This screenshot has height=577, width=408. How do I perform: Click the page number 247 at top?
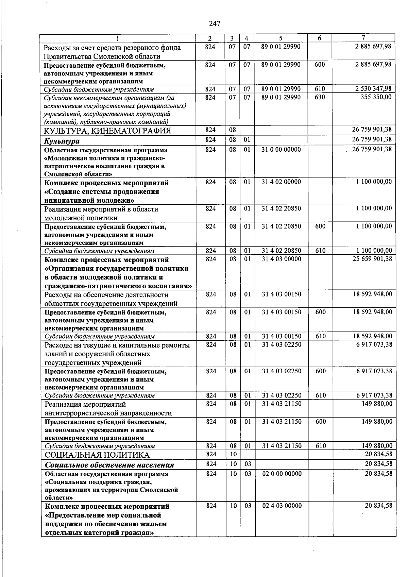point(215,23)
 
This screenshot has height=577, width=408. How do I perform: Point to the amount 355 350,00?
point(376,97)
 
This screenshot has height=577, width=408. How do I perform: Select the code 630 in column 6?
point(320,97)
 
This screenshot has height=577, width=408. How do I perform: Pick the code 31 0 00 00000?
point(281,149)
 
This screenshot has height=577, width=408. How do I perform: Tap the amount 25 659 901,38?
point(372,259)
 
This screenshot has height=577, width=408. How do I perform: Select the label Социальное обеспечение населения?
point(109,465)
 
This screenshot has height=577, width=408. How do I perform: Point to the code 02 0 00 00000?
point(282,474)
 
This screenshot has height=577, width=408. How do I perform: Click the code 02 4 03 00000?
point(282,506)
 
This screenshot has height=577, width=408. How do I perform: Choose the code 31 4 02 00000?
point(281,182)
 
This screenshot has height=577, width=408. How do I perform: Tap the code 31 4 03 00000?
point(282,259)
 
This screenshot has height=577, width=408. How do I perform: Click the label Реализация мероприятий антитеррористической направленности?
point(108,409)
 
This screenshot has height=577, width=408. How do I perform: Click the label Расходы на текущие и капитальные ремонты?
point(117,345)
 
